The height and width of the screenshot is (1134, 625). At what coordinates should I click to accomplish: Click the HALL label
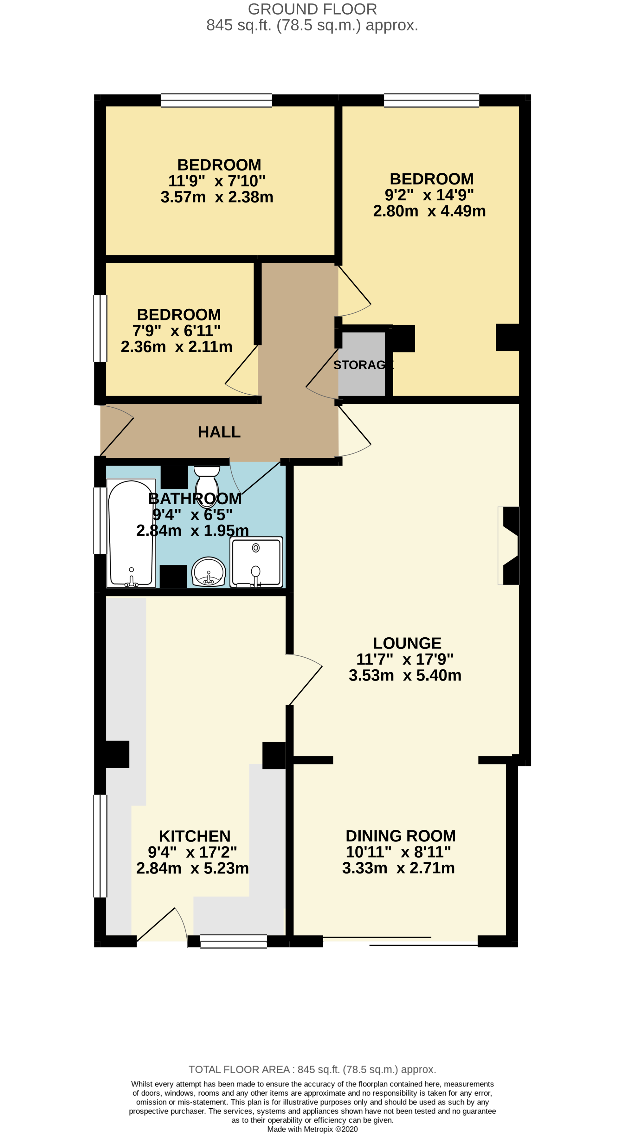(219, 432)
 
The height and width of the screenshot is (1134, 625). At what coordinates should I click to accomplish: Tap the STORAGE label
(363, 365)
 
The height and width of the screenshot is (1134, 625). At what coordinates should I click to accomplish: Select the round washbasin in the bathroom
(209, 572)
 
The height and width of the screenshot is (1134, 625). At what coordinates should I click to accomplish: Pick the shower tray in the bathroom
(256, 562)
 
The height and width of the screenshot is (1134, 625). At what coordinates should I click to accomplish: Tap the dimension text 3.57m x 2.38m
(217, 197)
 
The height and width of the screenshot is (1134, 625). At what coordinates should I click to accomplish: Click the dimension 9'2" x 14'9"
(429, 195)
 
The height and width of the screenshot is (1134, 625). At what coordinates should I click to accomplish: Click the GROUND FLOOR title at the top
(312, 9)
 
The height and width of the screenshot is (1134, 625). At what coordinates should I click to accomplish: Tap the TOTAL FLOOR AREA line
(312, 1069)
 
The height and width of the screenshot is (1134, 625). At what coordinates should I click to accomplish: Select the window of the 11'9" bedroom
(216, 100)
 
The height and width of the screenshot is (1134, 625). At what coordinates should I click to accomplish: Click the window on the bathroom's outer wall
(100, 520)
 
